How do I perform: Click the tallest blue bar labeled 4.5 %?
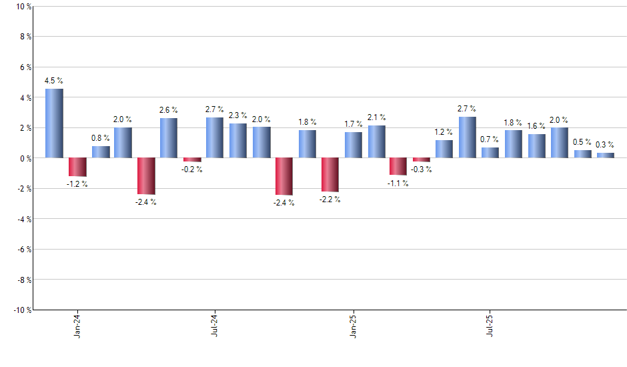coord(54,123)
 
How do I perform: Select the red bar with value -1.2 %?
coord(77,167)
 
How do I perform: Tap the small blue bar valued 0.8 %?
coord(101,152)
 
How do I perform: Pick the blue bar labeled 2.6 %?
coord(169,138)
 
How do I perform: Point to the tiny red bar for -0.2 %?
coord(192,159)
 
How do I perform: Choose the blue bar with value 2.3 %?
coord(238,141)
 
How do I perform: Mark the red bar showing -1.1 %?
coord(398,166)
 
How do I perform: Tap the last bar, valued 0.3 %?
coord(605,155)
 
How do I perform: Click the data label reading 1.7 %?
coord(354,124)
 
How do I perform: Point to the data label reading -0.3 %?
coord(422,169)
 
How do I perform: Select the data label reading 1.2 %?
coord(444,132)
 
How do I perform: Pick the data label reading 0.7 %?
coord(490,139)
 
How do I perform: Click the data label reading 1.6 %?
coord(536,126)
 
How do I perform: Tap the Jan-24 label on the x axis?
coord(77,325)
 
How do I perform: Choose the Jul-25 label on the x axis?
coord(490,325)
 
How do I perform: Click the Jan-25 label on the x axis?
coord(354,325)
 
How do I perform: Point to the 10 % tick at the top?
coord(23,7)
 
